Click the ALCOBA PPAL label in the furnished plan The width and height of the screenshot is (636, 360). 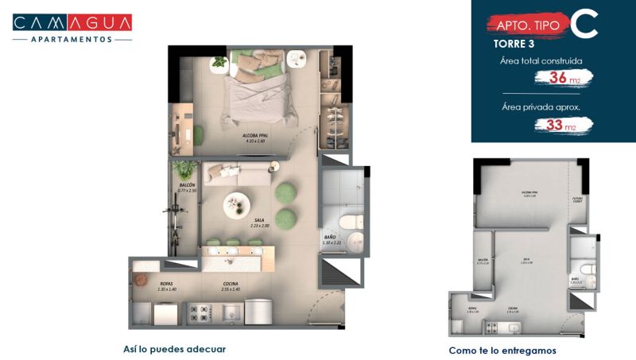point(254,137)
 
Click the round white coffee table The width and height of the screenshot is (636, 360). point(238,205)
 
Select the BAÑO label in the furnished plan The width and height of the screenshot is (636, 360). point(331,239)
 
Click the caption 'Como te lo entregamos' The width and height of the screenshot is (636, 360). point(502,350)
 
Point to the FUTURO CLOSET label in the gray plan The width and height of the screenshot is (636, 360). point(578,201)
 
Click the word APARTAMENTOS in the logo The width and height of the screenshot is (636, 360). point(72,38)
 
